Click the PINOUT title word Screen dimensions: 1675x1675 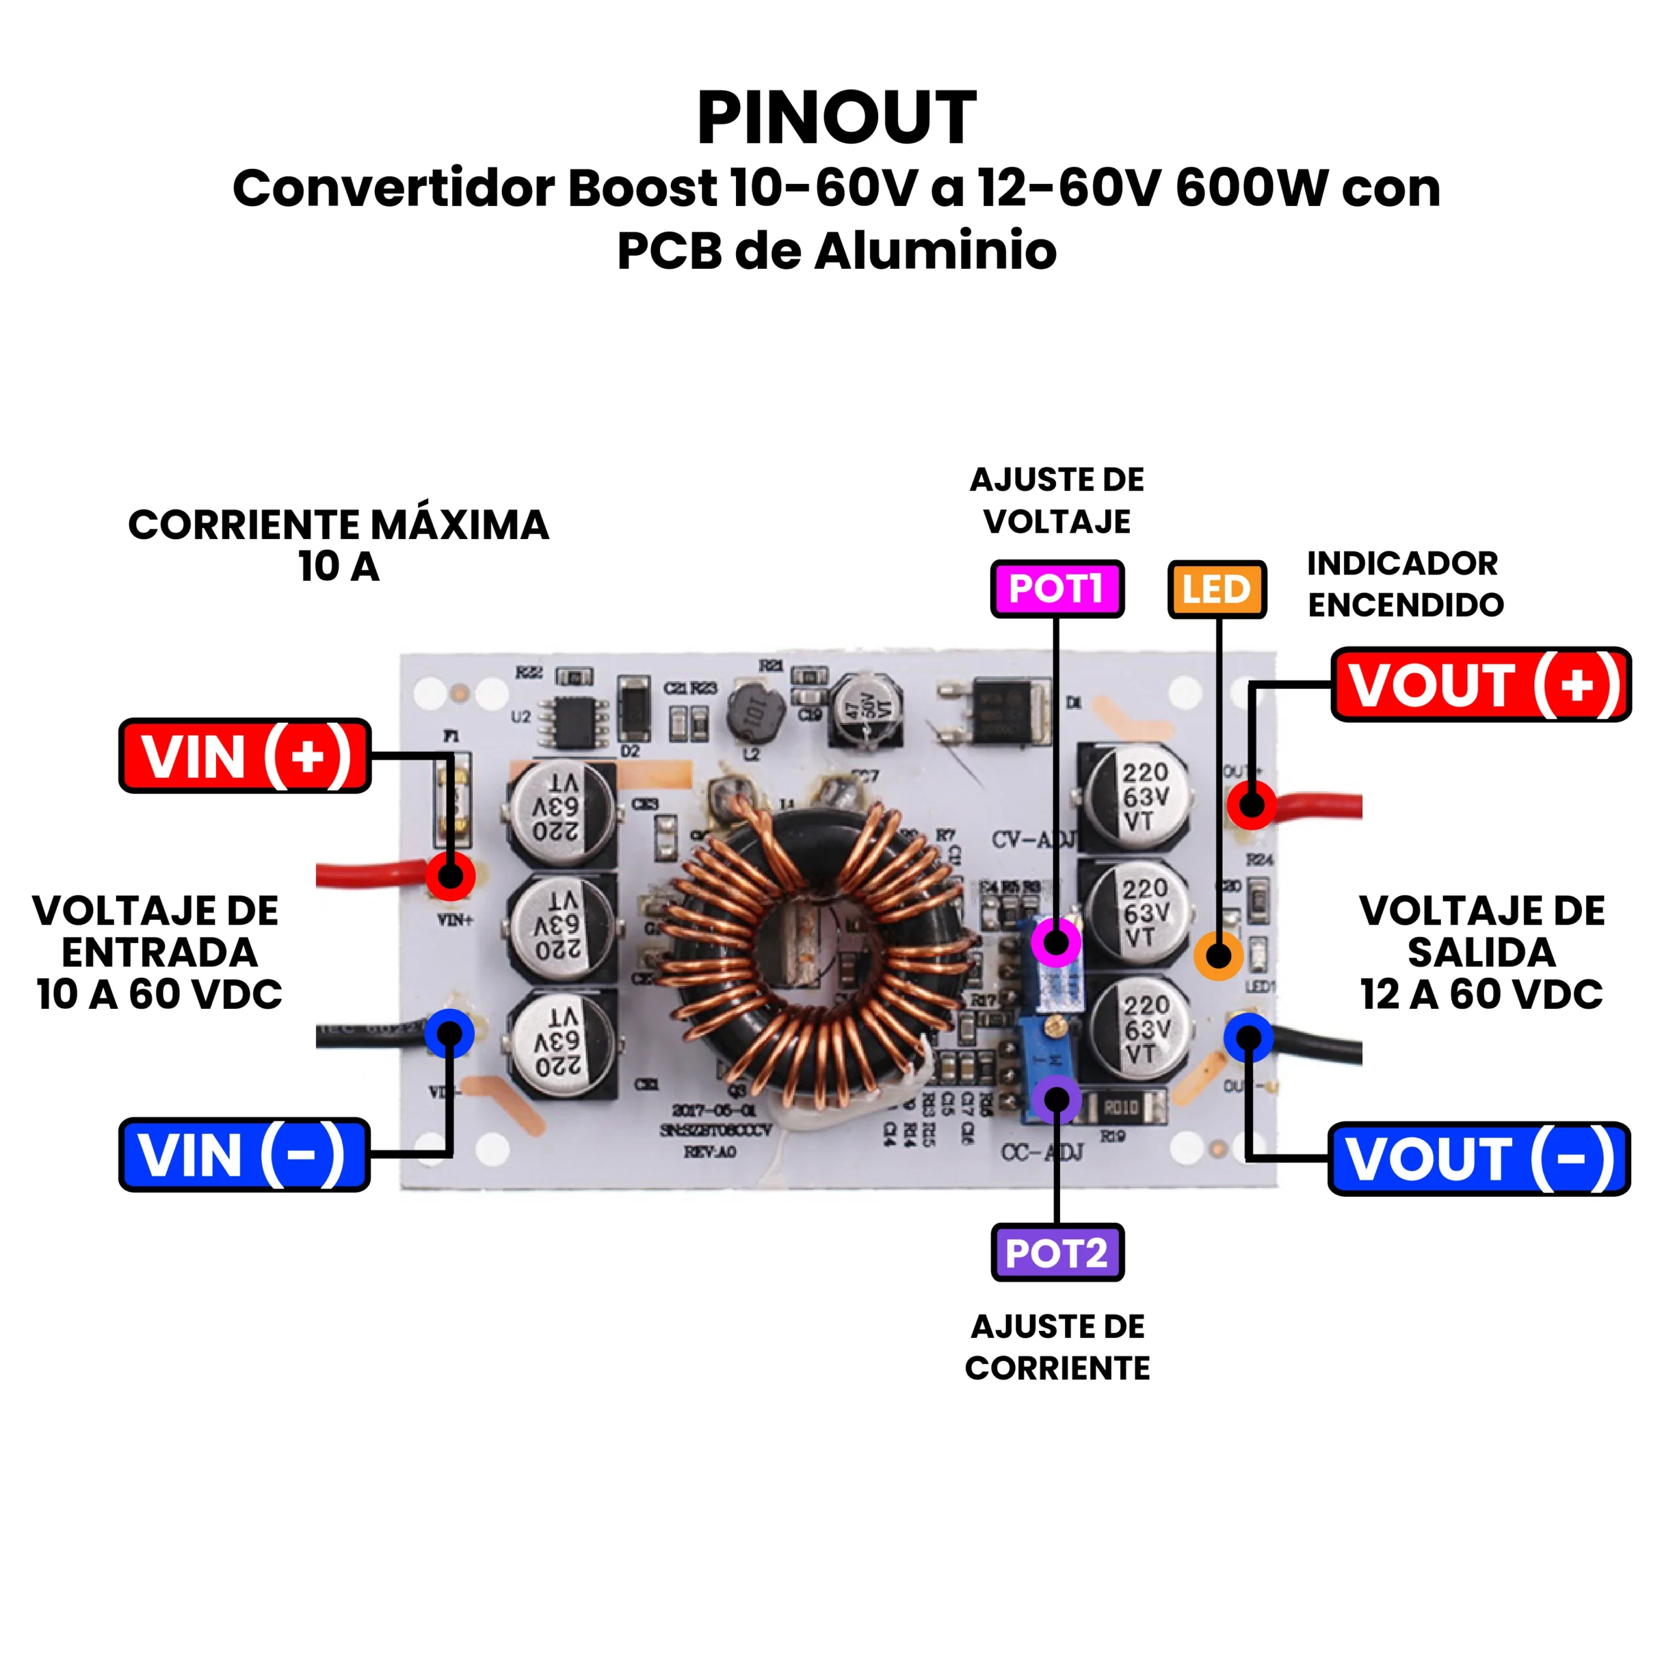[837, 119]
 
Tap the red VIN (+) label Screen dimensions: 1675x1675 [245, 756]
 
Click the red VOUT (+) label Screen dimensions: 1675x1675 [1481, 685]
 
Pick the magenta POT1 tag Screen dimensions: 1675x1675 [1057, 590]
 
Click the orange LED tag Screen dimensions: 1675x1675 [1216, 590]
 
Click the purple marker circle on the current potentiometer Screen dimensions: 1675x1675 [1056, 1099]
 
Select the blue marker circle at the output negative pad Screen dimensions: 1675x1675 [1248, 1037]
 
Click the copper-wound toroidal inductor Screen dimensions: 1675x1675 [815, 954]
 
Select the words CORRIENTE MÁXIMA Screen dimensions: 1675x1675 [338, 525]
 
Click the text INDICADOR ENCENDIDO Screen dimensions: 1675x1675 [1405, 584]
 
